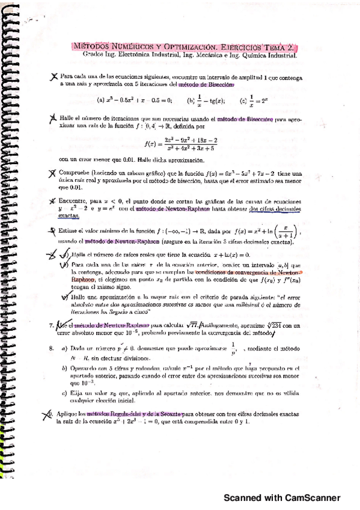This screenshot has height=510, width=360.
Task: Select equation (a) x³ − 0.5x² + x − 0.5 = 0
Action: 135,100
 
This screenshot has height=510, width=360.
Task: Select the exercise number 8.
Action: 52,348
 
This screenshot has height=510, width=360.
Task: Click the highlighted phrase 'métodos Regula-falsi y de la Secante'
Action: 132,414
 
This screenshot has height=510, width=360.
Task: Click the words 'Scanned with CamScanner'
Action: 282,498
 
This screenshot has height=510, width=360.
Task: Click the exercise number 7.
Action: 52,325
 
